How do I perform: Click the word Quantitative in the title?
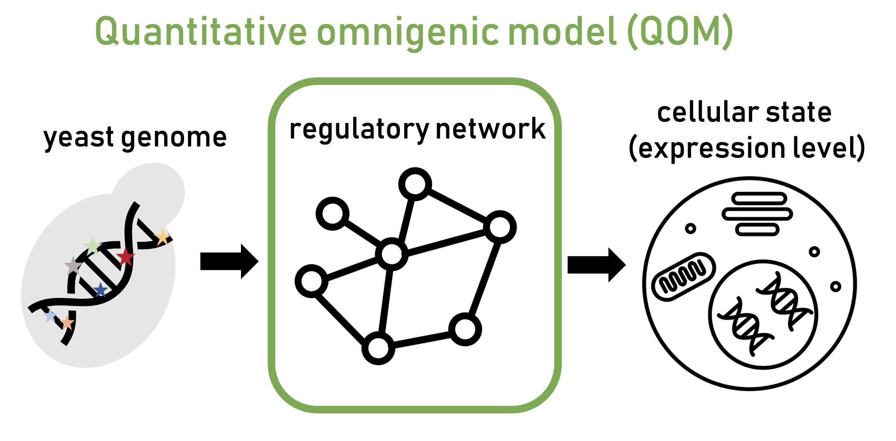tap(201, 32)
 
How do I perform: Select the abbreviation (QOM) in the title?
tap(680, 32)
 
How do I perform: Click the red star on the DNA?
tap(125, 256)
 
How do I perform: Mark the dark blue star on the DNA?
tap(100, 290)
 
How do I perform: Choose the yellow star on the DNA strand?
tap(162, 238)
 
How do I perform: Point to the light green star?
tap(92, 246)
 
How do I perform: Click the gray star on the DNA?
tap(73, 265)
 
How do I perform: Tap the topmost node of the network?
tap(415, 184)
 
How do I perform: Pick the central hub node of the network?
tap(392, 254)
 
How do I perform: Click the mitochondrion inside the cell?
tap(684, 276)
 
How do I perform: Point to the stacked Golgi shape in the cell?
tap(757, 214)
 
